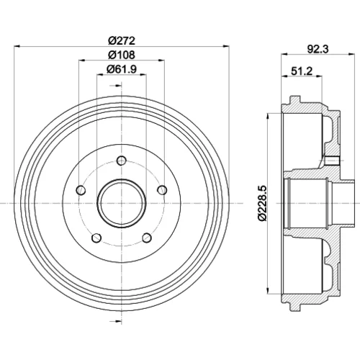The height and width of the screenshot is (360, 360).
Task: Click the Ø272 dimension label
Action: point(122,40)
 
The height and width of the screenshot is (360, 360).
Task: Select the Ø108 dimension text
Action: point(122,55)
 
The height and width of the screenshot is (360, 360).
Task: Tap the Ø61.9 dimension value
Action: point(122,69)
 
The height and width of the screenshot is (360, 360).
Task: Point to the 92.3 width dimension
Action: point(318,49)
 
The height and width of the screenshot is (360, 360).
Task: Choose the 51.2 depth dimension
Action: point(302,71)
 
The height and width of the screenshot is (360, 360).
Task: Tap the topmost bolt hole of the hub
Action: point(122,161)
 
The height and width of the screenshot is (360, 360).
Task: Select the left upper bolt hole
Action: point(81,190)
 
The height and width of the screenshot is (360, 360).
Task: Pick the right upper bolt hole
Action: point(162,190)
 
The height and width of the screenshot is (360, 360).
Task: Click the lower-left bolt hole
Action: point(96,238)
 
